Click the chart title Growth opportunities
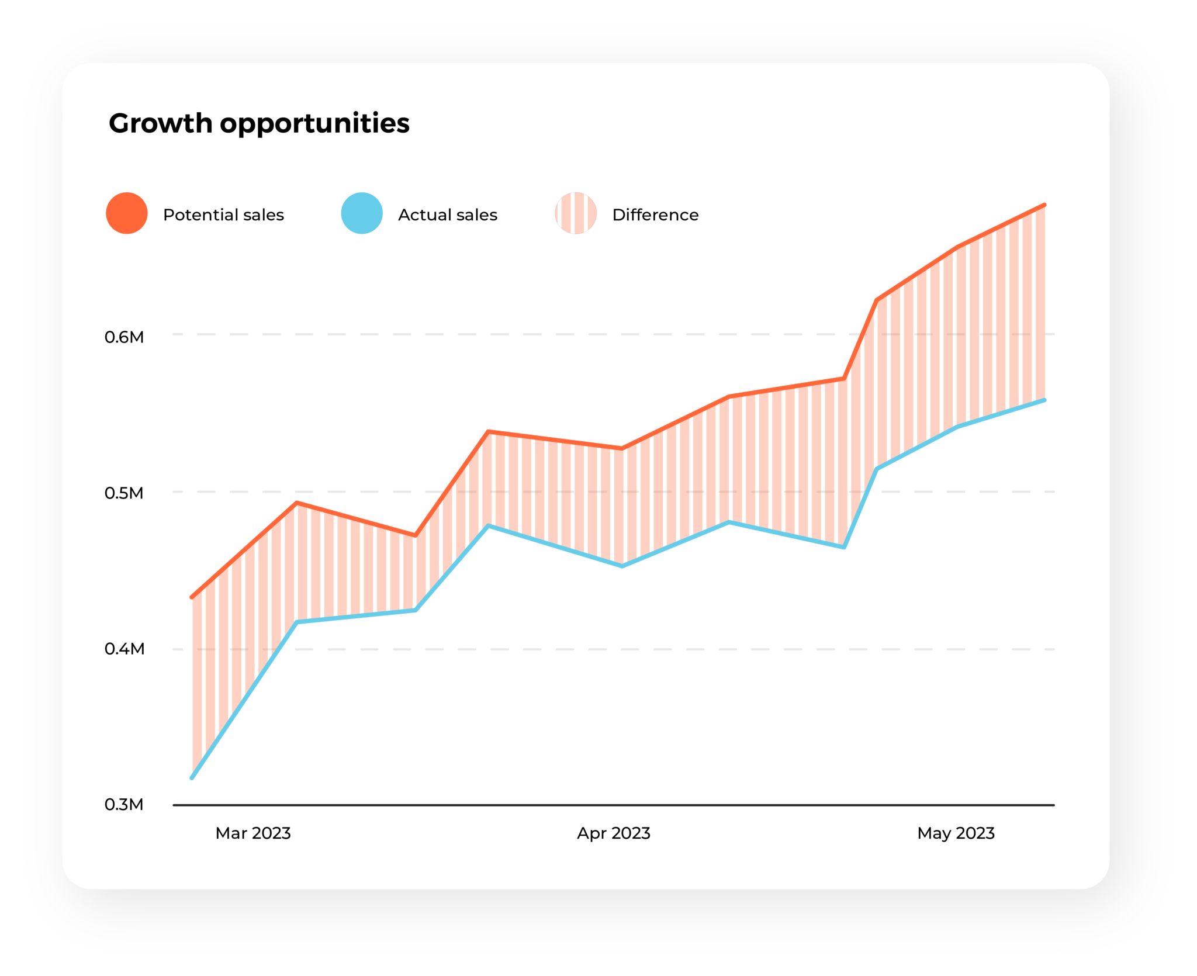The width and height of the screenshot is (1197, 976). (259, 123)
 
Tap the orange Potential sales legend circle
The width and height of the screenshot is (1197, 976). (127, 213)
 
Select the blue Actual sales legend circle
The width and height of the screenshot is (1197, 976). (362, 213)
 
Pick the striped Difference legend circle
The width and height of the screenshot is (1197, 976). (576, 213)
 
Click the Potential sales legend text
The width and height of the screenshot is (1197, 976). (223, 215)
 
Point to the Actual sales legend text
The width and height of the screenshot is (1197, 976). (447, 215)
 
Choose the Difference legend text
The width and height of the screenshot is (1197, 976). (655, 215)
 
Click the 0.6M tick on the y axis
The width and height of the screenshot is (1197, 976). (124, 337)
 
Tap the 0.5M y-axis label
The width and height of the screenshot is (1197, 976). (124, 493)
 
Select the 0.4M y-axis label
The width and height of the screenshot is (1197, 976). (124, 649)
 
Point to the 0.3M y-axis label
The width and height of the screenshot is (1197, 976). (124, 805)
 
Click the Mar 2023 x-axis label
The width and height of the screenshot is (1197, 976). (253, 833)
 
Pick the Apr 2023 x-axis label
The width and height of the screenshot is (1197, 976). (614, 833)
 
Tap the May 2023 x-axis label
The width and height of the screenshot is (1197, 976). (956, 833)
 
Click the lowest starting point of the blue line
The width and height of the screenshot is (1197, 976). (192, 778)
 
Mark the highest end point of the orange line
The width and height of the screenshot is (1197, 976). (1044, 205)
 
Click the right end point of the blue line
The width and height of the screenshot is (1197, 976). (1044, 400)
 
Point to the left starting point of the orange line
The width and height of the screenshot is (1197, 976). (192, 597)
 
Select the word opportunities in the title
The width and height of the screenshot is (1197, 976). (314, 124)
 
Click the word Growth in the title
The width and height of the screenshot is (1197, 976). (161, 123)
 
